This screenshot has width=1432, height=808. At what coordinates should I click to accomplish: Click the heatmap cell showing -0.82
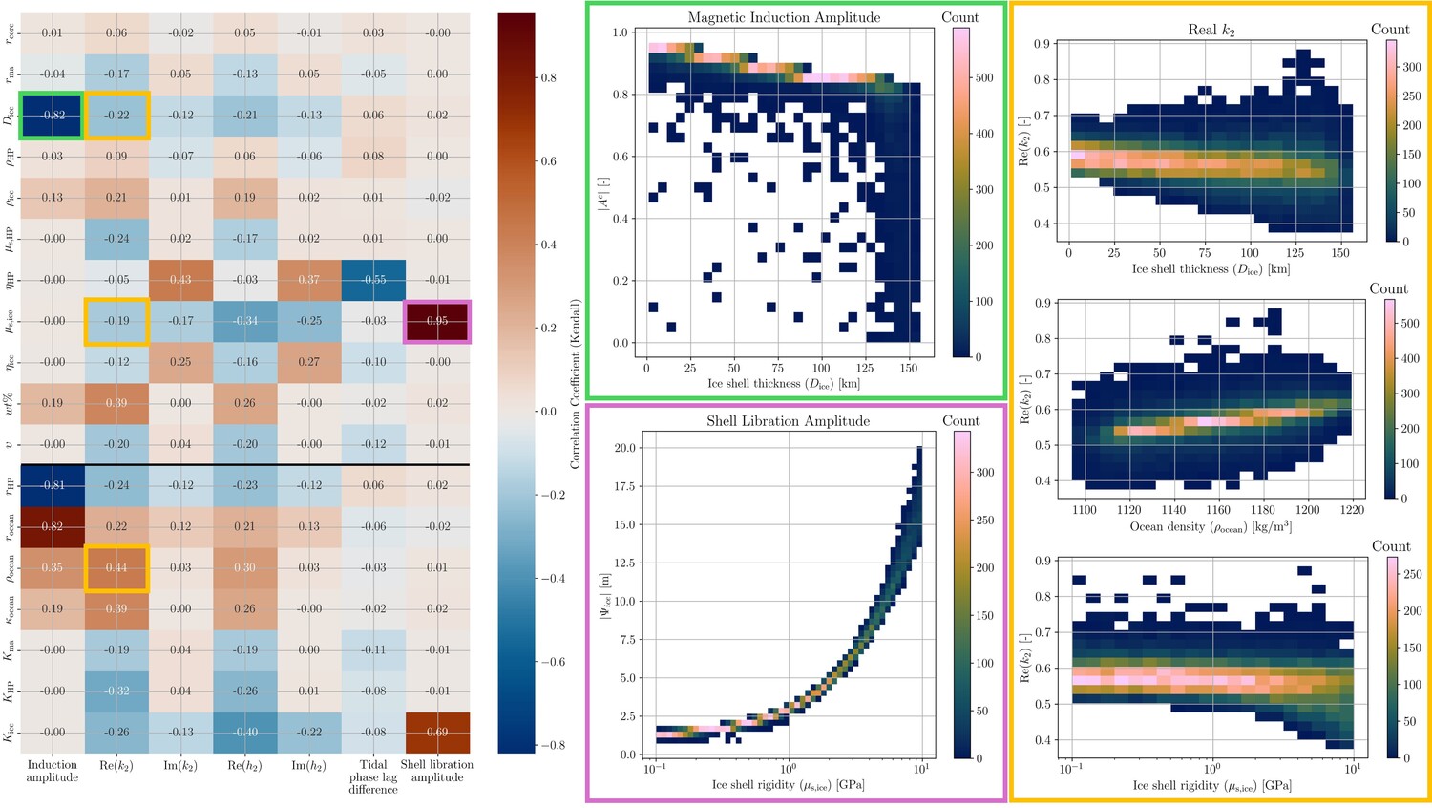(52, 115)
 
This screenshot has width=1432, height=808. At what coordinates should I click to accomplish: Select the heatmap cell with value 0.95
(436, 321)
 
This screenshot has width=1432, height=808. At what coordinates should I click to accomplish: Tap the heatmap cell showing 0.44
(116, 567)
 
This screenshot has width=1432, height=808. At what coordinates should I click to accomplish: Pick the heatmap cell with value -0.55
(373, 280)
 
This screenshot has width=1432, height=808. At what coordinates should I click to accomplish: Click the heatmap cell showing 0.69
(436, 732)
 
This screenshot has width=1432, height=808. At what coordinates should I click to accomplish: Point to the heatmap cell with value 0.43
(179, 280)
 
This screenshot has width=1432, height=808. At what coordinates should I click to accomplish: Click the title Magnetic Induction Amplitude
(784, 17)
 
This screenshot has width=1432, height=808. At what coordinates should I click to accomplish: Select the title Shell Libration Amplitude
(788, 421)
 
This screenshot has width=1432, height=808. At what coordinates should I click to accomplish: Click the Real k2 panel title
(1211, 30)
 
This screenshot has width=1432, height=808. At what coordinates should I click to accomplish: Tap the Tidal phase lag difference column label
(373, 776)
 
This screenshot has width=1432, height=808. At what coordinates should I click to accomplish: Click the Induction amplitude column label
(52, 771)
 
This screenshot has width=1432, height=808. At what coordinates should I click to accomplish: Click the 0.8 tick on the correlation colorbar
(548, 78)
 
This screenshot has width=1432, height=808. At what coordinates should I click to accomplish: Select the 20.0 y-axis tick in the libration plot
(623, 448)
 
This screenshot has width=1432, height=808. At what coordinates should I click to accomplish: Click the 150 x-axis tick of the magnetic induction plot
(908, 368)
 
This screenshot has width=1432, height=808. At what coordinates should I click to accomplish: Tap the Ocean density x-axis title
(1211, 527)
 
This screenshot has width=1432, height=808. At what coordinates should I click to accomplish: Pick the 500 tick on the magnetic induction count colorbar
(984, 77)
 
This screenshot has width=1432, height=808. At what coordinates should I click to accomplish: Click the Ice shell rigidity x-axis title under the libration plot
(788, 785)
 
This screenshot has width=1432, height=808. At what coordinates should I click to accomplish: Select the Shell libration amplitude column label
(436, 771)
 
